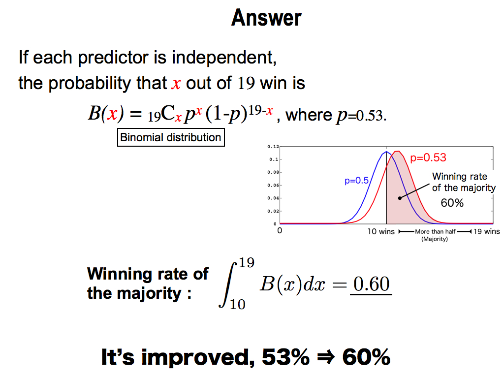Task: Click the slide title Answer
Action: point(266,18)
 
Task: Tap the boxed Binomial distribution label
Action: point(171,138)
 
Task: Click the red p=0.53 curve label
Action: point(428,157)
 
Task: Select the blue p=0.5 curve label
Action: point(356,181)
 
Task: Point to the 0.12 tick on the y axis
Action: point(273,147)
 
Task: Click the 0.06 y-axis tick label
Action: point(273,185)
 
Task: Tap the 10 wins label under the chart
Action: point(381,231)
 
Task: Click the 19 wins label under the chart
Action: point(487,231)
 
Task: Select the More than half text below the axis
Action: point(435,231)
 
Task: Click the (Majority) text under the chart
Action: point(435,239)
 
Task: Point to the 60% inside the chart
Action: point(452,203)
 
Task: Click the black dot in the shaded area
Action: point(400,198)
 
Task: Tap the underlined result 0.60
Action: point(371,284)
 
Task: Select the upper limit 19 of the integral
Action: point(247,263)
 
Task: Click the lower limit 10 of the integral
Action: point(238,304)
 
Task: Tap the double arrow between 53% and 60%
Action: point(326,357)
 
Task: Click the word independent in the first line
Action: point(224,58)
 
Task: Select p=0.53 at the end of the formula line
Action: point(360,116)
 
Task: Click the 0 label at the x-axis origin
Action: point(280,230)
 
